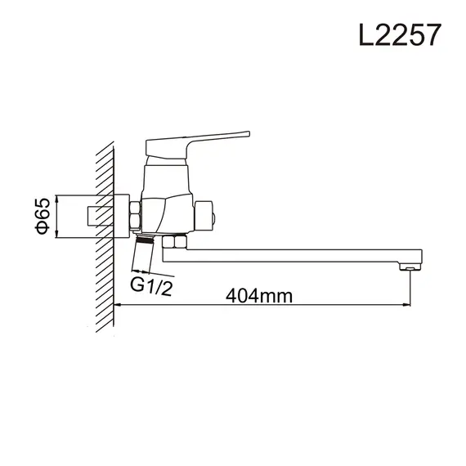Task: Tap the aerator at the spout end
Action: coord(406,267)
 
